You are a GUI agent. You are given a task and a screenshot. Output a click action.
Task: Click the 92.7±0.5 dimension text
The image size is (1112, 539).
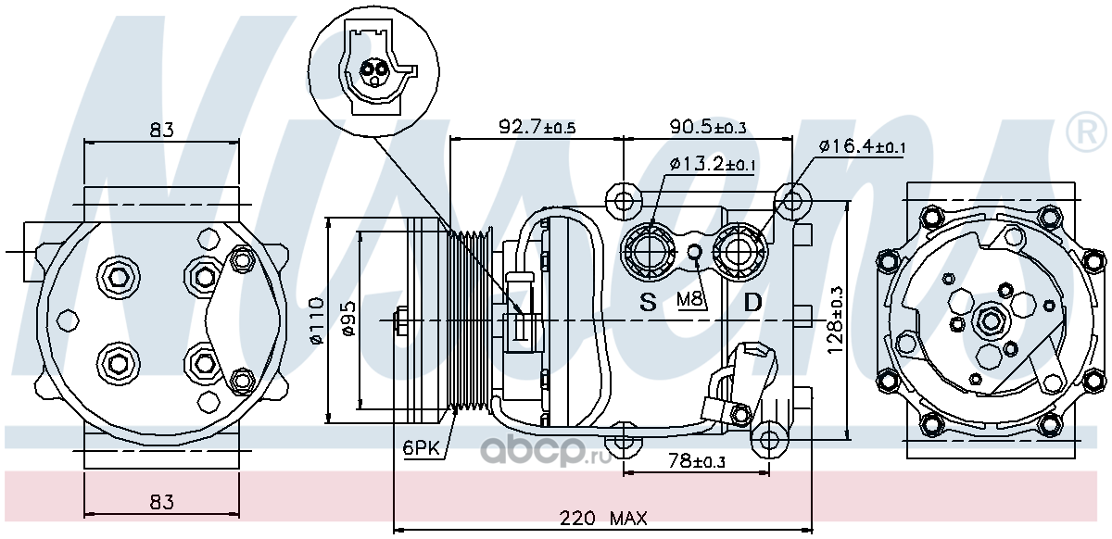(537, 127)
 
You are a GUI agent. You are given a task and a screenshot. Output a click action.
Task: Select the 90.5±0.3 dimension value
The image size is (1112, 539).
(707, 127)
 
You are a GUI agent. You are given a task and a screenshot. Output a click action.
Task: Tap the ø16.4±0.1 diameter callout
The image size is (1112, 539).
(862, 146)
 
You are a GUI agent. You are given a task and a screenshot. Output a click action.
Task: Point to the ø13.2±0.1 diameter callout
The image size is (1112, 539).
(712, 163)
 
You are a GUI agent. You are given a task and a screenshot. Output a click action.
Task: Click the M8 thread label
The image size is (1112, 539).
(690, 299)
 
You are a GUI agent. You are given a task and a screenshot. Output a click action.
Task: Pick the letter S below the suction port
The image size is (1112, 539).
(648, 302)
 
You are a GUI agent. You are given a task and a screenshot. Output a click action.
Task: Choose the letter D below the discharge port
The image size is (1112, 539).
(752, 302)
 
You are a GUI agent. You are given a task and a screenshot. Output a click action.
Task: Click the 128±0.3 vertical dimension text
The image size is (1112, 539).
(835, 320)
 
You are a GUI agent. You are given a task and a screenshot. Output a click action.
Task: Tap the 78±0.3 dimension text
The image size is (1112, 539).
(697, 461)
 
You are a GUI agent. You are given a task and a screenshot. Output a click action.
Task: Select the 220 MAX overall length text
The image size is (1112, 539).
(603, 518)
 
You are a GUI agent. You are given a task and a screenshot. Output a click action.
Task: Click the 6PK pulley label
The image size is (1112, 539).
(421, 448)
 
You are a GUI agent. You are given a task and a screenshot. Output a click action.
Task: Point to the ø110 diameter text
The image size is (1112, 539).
(316, 320)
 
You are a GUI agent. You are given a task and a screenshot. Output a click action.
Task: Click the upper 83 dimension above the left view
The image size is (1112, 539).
(162, 130)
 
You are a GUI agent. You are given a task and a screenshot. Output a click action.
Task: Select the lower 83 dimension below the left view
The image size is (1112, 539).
(162, 502)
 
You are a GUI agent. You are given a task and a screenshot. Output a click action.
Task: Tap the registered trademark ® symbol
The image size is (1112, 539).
(1087, 133)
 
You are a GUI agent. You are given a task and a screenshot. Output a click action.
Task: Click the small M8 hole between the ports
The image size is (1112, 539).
(696, 253)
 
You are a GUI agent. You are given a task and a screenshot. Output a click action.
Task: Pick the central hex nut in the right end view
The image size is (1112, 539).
(991, 320)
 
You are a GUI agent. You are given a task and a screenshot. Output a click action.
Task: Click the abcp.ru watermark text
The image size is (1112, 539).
(546, 451)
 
